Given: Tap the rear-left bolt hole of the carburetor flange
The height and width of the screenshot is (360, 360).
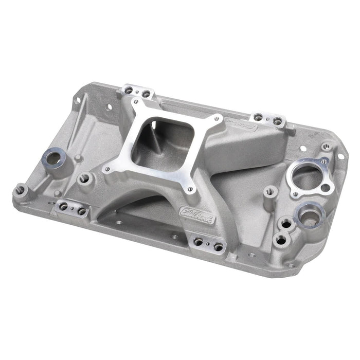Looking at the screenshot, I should pos(135,103).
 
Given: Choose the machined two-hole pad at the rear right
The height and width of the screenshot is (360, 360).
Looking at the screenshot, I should pos(271,120).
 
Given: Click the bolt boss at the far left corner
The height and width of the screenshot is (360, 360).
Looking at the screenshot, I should pos(20,191).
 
